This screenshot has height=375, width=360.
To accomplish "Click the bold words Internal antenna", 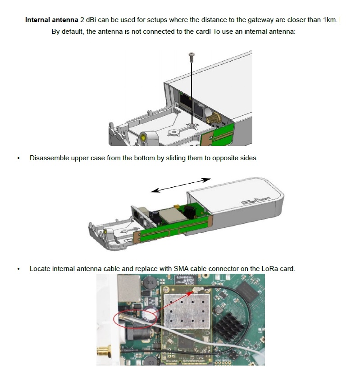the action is point(51,20).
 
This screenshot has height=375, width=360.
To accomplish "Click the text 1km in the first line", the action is point(329,20).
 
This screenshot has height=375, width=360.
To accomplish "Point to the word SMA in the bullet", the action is point(181,269).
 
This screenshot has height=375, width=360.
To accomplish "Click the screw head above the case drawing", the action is point(191,55).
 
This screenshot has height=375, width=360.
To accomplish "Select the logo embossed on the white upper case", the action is point(255,201).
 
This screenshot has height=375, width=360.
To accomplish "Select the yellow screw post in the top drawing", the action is point(143,137).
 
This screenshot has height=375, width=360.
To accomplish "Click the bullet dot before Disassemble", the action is point(18,158).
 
